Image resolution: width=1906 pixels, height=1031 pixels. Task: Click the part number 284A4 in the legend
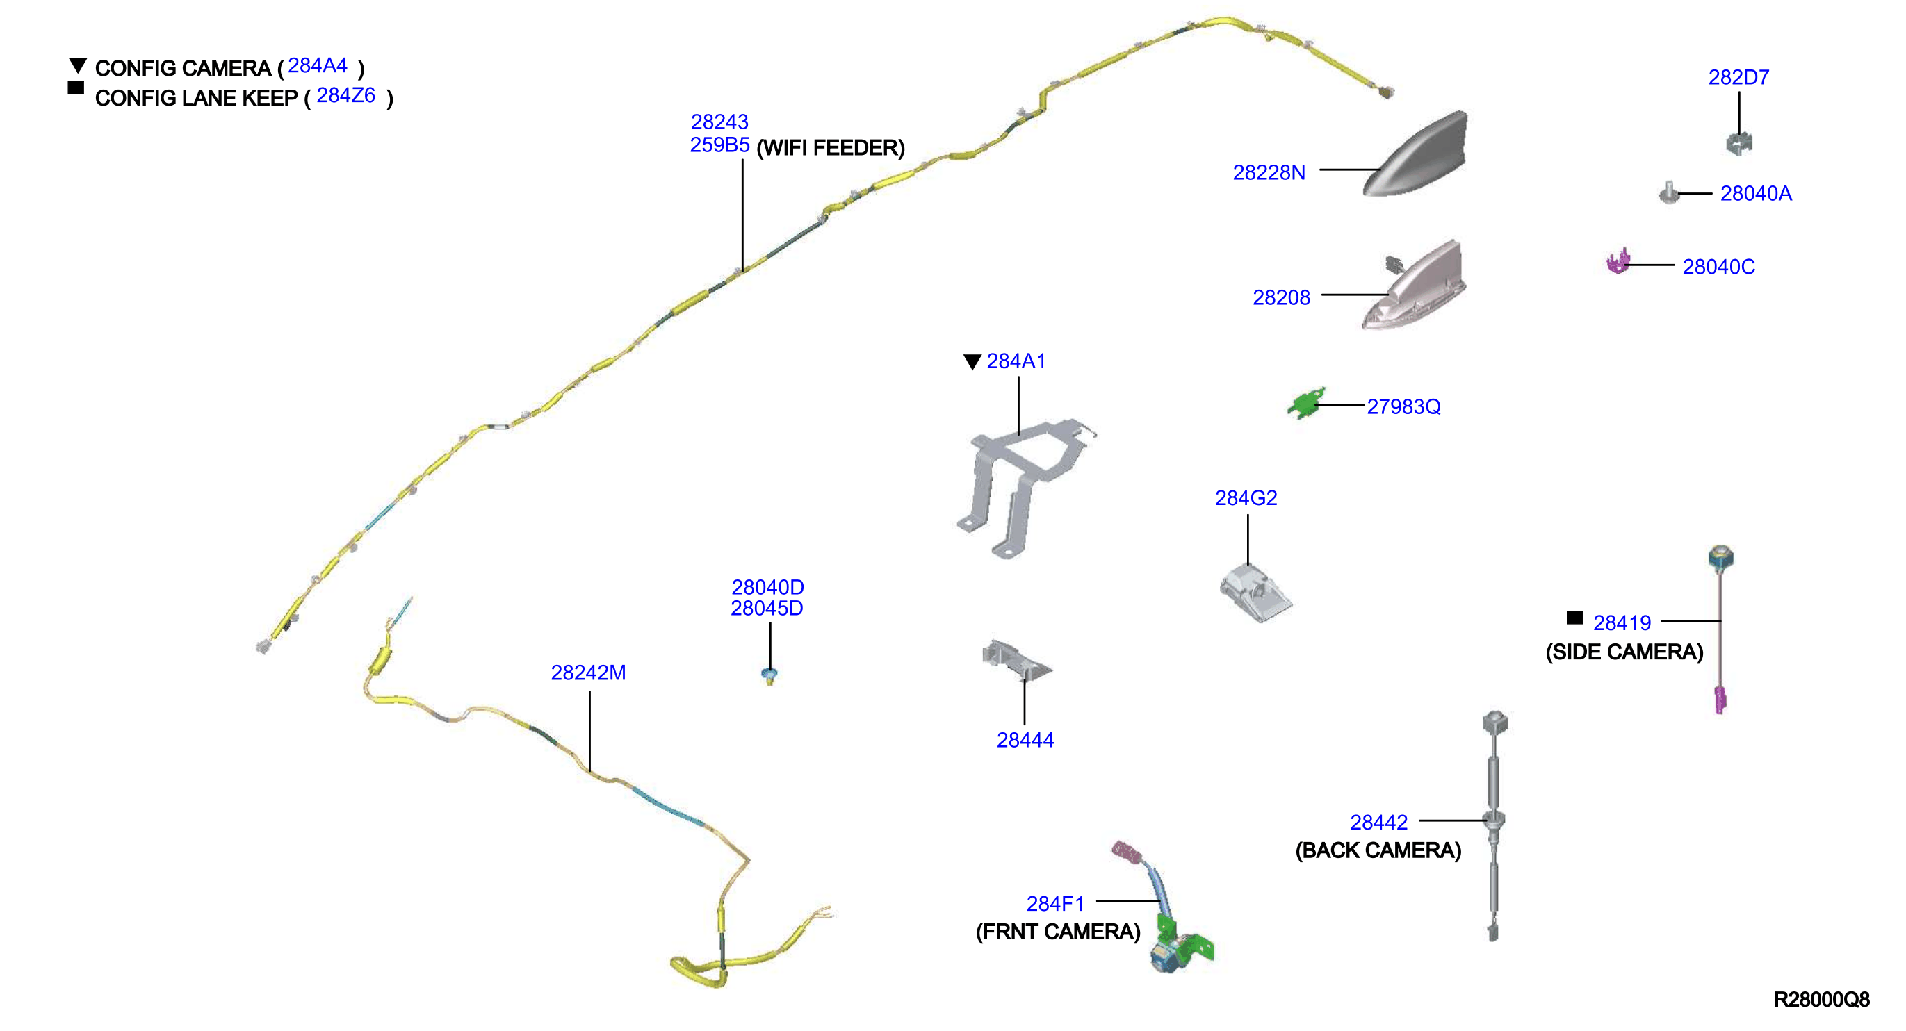[x=318, y=66]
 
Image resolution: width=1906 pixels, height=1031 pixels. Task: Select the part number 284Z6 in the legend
[x=345, y=95]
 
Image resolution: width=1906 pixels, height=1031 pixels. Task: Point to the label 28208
[x=1281, y=297]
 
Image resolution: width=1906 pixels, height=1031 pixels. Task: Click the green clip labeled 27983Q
[x=1306, y=403]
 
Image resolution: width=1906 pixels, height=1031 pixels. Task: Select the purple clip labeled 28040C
[x=1618, y=261]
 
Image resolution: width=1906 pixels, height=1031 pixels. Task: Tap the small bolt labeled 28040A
[x=1669, y=192]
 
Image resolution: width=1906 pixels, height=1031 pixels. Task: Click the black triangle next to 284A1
[x=972, y=362]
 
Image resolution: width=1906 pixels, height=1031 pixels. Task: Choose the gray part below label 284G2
[x=1254, y=593]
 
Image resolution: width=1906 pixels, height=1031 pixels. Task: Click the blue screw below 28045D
[x=769, y=675]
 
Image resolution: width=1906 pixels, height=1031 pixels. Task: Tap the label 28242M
[x=588, y=673]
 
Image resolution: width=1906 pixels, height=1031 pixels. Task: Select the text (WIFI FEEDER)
[x=830, y=148]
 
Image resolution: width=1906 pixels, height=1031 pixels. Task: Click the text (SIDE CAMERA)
[x=1624, y=652]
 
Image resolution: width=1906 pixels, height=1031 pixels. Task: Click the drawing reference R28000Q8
[x=1821, y=999]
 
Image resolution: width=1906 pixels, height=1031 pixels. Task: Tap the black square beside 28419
[x=1574, y=618]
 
